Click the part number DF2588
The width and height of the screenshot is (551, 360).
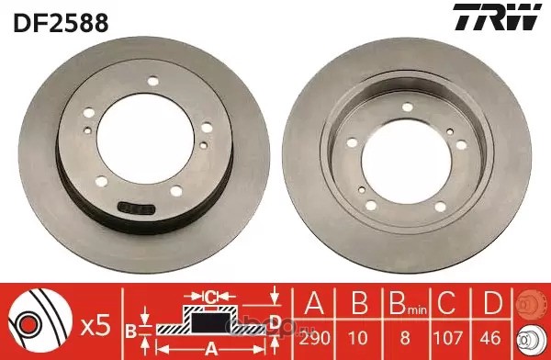pyautogui.click(x=61, y=22)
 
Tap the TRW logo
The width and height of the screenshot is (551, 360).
pyautogui.click(x=497, y=17)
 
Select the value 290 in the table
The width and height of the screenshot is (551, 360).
pyautogui.click(x=314, y=338)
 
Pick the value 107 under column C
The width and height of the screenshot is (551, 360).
pyautogui.click(x=448, y=338)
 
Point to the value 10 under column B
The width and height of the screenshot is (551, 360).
pyautogui.click(x=358, y=338)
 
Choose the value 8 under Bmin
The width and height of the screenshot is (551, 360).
pyautogui.click(x=405, y=338)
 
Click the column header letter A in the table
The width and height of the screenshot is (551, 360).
pyautogui.click(x=314, y=302)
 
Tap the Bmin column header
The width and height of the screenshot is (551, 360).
pyautogui.click(x=408, y=303)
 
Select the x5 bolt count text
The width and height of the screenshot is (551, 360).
pyautogui.click(x=96, y=325)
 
